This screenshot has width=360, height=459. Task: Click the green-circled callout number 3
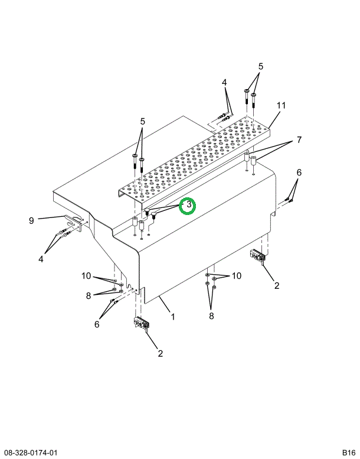[189, 204]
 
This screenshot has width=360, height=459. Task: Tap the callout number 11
[281, 105]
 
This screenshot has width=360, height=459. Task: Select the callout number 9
[32, 220]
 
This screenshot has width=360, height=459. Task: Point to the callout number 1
[173, 317]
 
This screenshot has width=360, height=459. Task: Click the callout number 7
[299, 140]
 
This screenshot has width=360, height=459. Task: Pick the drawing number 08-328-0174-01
[29, 453]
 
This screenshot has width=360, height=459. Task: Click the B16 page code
[349, 453]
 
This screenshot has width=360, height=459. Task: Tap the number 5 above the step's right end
[261, 66]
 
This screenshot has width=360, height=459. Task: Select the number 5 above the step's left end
[142, 121]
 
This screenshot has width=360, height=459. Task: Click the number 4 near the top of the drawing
[224, 83]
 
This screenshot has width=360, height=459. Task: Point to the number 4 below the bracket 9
[41, 259]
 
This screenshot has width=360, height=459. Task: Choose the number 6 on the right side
[299, 172]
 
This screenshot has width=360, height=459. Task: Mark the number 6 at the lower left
[97, 324]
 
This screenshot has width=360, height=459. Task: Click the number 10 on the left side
[86, 276]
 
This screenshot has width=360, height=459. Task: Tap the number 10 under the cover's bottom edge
[237, 276]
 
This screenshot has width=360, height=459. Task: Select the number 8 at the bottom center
[211, 316]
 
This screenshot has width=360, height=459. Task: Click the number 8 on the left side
[89, 295]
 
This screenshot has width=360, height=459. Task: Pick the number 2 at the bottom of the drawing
[160, 354]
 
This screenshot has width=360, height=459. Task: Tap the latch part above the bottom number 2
[142, 324]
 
